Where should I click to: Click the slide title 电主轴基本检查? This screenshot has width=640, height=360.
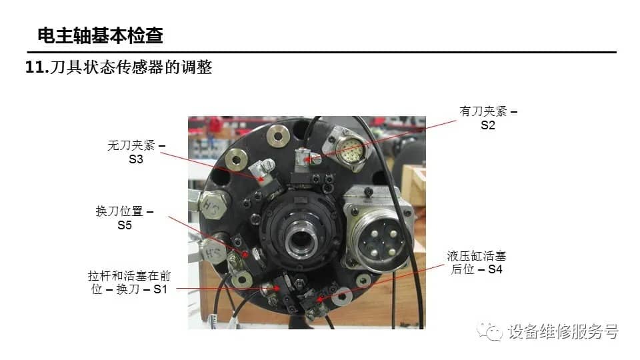(101, 35)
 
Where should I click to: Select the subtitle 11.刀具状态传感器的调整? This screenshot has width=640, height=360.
(119, 67)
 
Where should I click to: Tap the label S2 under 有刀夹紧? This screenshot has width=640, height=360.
(488, 125)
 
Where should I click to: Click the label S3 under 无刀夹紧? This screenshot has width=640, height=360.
(136, 159)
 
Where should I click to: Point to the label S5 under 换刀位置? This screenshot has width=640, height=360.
(125, 225)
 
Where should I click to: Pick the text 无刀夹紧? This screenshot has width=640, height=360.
(131, 145)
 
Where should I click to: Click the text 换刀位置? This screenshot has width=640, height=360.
(119, 211)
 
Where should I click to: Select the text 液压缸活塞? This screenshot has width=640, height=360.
(476, 256)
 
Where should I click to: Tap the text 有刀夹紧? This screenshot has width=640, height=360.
(483, 111)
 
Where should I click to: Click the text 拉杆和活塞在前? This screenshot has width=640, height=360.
(129, 276)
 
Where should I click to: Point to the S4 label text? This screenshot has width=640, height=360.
(495, 269)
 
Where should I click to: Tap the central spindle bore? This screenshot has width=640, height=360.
(301, 239)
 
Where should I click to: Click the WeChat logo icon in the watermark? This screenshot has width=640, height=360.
(489, 331)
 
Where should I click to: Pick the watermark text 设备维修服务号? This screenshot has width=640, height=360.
(563, 331)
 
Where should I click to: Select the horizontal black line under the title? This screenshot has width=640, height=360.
(321, 52)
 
